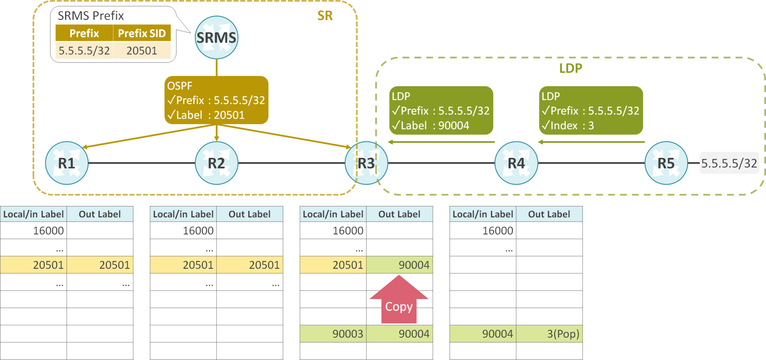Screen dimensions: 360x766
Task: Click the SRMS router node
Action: [x=216, y=37]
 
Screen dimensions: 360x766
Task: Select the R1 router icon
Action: [x=67, y=163]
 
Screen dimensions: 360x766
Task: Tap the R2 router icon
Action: [x=216, y=163]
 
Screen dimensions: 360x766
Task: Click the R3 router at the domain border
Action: [x=366, y=163]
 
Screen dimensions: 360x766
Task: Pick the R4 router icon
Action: [x=516, y=163]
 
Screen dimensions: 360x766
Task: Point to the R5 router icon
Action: [x=666, y=163]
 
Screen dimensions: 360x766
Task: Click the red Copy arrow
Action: [x=399, y=301]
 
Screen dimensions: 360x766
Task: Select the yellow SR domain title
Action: [x=325, y=16]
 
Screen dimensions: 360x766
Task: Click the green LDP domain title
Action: [x=570, y=68]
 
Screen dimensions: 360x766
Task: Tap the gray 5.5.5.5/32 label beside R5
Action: [x=729, y=163]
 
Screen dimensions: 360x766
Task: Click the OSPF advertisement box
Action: [x=216, y=100]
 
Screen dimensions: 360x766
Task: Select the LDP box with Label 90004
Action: [x=441, y=110]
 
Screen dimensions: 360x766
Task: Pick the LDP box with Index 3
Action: [x=591, y=110]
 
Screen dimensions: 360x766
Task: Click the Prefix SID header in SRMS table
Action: [x=142, y=33]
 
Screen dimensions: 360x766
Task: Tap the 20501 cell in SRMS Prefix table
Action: [x=142, y=51]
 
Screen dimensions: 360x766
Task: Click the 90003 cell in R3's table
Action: [x=333, y=333]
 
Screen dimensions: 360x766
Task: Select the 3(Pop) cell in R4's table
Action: [x=549, y=333]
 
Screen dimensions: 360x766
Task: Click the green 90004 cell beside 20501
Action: [x=399, y=265]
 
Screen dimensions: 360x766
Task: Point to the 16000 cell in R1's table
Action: [x=34, y=231]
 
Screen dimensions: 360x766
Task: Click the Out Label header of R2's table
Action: [x=249, y=214]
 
